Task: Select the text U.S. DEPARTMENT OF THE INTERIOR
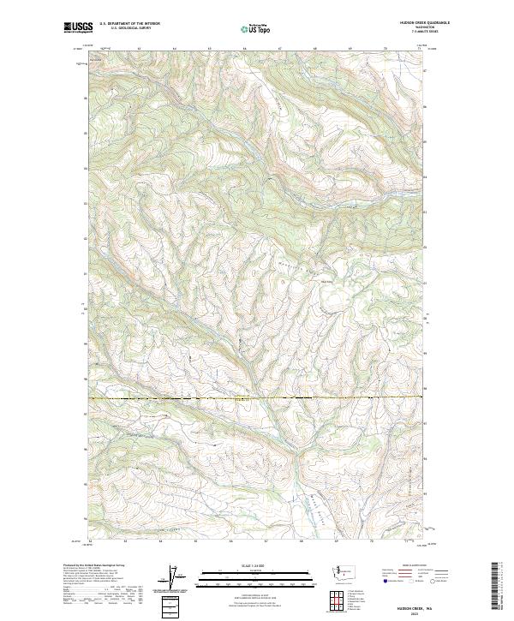129,24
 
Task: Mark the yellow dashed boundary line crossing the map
257,398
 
